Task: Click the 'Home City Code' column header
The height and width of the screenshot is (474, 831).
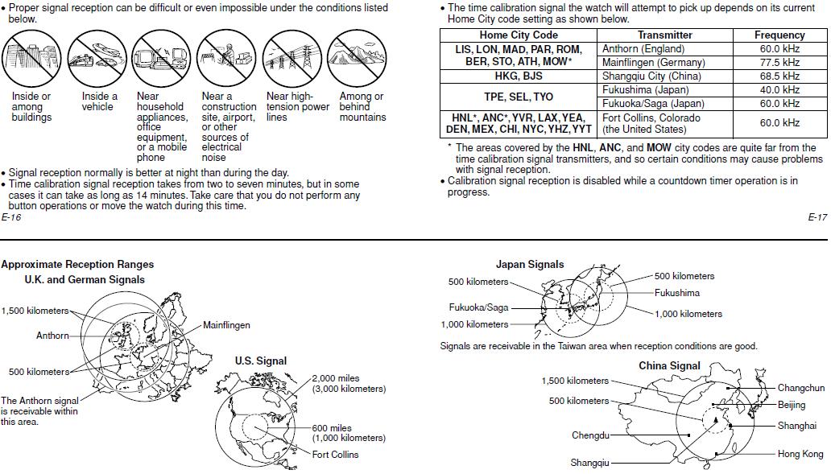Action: tap(518, 35)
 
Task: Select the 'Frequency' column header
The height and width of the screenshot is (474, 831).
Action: tap(779, 35)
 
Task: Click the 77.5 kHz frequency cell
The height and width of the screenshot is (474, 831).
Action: tap(779, 63)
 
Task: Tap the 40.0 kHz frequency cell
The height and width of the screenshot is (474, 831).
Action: tap(779, 90)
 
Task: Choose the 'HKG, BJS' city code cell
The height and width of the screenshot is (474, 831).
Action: tap(518, 76)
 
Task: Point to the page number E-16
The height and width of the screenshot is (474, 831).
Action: tap(11, 217)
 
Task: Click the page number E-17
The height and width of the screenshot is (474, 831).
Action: tap(817, 217)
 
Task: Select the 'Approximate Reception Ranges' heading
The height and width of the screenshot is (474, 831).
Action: tap(77, 264)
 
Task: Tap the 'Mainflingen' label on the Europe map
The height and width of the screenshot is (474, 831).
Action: tap(226, 325)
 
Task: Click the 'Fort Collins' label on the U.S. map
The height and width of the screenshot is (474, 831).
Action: tap(337, 455)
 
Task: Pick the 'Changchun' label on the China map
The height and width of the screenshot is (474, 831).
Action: tap(800, 388)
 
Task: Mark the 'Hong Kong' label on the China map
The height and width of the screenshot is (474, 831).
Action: tap(800, 454)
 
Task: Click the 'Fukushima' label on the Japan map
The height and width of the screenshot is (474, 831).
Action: tap(676, 293)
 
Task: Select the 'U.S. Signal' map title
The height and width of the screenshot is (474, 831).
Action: tap(260, 361)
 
